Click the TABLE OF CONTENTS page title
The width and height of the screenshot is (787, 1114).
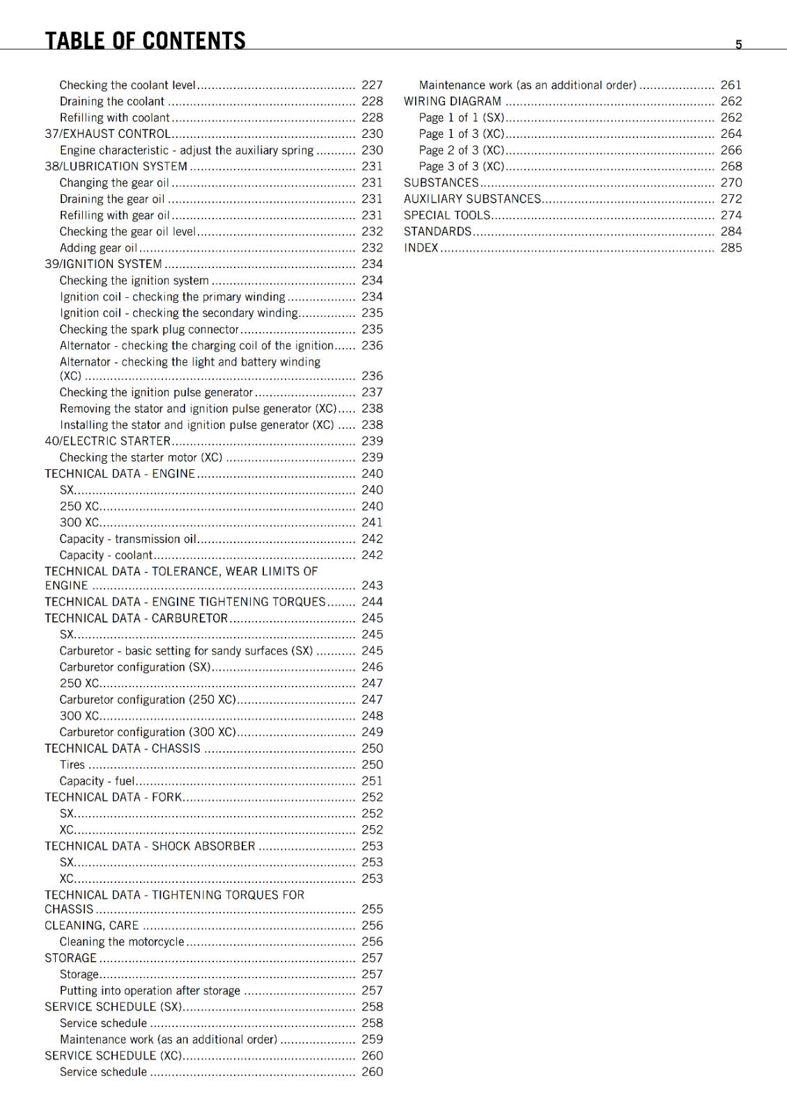(x=145, y=40)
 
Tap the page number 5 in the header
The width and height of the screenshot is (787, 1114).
(x=738, y=45)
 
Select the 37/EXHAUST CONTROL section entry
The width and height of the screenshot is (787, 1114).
(x=108, y=134)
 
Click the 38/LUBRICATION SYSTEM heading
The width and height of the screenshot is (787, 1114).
(x=116, y=166)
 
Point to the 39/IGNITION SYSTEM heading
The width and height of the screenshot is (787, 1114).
(x=104, y=264)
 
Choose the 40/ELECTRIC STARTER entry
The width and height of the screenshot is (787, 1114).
(x=108, y=441)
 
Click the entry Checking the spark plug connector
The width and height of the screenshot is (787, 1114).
(x=149, y=329)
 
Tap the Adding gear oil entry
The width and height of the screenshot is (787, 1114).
(x=98, y=248)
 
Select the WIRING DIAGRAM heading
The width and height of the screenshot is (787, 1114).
(x=453, y=101)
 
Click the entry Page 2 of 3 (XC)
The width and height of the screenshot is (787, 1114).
(x=462, y=150)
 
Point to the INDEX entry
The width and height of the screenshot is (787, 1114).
(x=421, y=248)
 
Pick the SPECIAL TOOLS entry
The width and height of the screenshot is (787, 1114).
(x=447, y=215)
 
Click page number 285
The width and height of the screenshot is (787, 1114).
(x=731, y=248)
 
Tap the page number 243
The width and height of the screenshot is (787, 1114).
(x=372, y=586)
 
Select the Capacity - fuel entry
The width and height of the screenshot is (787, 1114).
(x=97, y=781)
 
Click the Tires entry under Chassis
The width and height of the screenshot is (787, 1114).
(x=72, y=764)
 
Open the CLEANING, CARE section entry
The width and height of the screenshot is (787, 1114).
(x=92, y=925)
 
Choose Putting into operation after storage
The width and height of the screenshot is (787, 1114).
(x=150, y=991)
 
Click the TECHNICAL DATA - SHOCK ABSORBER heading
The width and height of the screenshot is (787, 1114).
(x=150, y=846)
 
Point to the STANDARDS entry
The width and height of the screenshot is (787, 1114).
(x=437, y=231)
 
